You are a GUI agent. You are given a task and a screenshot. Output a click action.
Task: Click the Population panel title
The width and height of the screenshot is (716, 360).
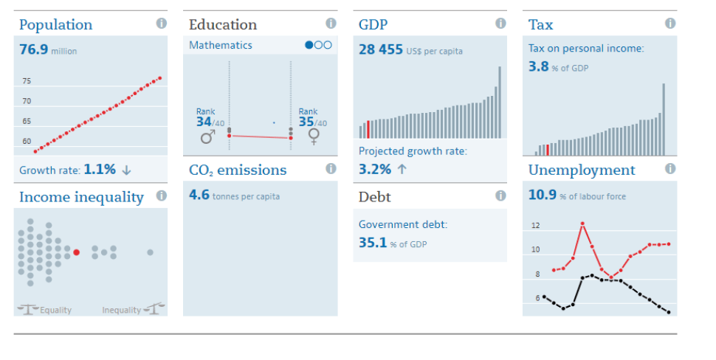click(55, 25)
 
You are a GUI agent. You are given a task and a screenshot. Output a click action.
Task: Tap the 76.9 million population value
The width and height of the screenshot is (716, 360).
click(34, 50)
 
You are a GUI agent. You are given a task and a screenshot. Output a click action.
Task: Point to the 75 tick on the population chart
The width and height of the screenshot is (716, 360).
click(27, 81)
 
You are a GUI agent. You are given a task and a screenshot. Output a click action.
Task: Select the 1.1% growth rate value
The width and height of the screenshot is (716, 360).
click(100, 169)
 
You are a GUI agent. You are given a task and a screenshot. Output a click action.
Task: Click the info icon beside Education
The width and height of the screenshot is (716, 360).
click(331, 24)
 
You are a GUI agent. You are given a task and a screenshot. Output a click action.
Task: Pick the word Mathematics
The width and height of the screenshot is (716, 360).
click(220, 45)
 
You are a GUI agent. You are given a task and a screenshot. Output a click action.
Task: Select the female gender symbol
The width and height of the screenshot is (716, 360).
click(313, 136)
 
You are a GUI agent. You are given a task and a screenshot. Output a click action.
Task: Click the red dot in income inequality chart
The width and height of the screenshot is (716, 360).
click(76, 252)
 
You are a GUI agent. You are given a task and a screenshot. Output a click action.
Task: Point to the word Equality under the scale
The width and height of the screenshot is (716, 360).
click(55, 310)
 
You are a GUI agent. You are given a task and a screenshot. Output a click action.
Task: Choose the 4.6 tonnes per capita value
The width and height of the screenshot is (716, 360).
click(199, 196)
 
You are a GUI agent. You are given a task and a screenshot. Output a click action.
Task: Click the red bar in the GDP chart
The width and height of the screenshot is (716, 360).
click(368, 129)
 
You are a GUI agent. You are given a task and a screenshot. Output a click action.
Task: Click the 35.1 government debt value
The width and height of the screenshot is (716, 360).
click(373, 242)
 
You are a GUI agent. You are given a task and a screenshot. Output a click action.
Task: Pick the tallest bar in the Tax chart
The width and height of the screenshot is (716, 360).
click(664, 119)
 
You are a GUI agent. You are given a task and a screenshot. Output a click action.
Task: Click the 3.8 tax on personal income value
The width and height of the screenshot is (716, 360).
click(538, 66)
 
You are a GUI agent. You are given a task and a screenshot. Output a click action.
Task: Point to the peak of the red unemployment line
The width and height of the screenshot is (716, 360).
click(582, 223)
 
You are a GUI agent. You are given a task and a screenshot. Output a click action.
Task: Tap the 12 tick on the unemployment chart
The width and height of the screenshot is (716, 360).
click(536, 226)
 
